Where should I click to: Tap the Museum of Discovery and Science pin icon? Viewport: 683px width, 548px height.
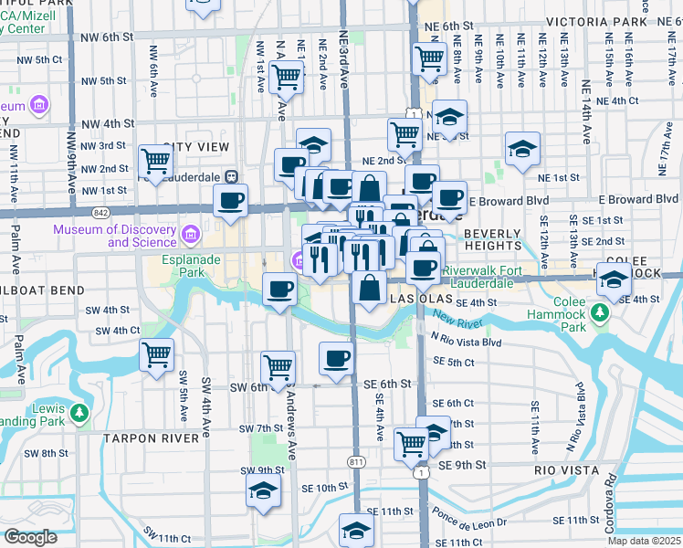[190, 235]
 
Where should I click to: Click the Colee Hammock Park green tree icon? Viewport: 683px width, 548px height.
[600, 315]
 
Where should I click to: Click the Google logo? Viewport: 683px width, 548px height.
[30, 537]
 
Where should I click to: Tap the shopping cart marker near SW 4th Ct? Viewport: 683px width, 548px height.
[156, 354]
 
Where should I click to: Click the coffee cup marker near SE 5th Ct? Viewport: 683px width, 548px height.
[337, 357]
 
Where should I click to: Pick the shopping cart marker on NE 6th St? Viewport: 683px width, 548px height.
[429, 58]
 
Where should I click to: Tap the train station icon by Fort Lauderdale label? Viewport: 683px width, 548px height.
[232, 175]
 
